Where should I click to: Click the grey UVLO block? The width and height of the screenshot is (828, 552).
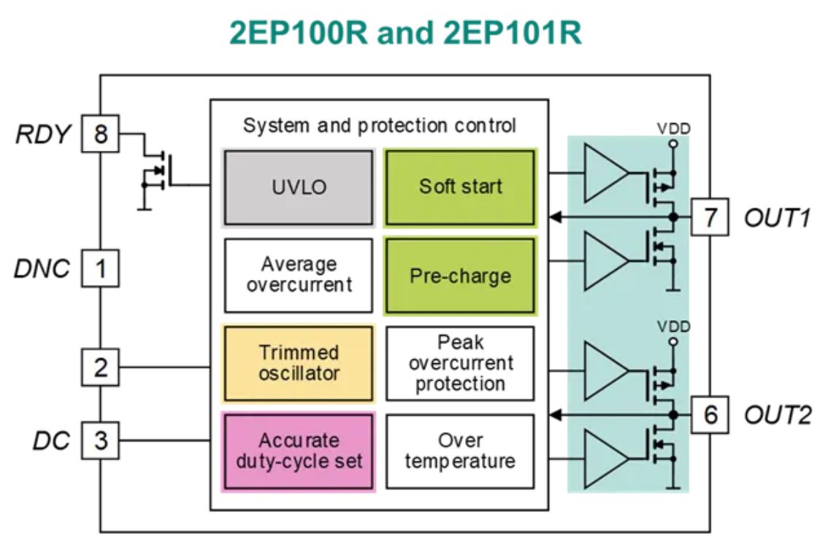(x=299, y=187)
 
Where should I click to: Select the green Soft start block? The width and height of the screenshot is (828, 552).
(x=460, y=187)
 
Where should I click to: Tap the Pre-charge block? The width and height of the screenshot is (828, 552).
(x=460, y=276)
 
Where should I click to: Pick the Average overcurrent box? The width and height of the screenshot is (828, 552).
(x=299, y=274)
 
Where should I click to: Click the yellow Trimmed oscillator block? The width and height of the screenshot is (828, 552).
(x=299, y=363)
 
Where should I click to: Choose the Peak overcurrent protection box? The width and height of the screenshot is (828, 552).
(x=460, y=362)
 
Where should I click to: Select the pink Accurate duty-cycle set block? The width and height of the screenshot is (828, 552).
(x=299, y=451)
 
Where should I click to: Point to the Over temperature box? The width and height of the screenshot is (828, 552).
(x=460, y=451)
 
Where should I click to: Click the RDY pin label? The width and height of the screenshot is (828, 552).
(x=45, y=134)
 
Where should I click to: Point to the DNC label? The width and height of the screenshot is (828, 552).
(x=42, y=269)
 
